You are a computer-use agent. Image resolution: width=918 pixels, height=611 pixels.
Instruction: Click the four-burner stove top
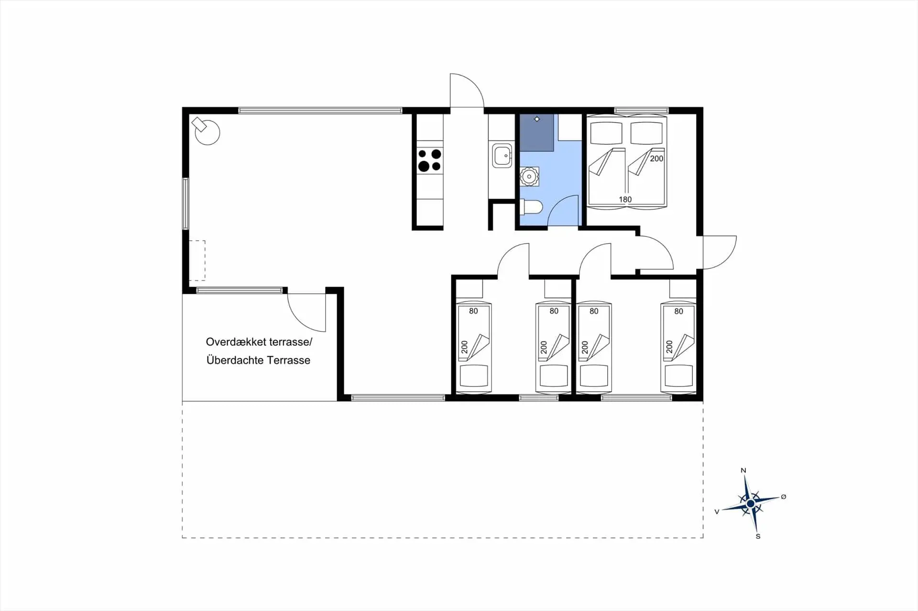point(429,160)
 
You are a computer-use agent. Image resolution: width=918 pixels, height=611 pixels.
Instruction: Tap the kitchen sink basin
point(502,156)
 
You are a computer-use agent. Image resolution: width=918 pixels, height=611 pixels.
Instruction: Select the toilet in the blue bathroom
point(532,207)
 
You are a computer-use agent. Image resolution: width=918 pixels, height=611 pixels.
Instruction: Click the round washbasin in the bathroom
point(529,177)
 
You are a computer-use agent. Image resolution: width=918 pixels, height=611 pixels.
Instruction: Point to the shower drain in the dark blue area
point(537,119)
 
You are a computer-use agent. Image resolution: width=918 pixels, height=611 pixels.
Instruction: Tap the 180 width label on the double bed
point(625,199)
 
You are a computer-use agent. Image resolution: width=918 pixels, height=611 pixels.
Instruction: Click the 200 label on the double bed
point(656,159)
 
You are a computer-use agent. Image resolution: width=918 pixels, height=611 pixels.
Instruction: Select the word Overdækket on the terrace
point(236,342)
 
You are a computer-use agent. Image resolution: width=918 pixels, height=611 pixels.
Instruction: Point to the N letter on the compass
point(743,471)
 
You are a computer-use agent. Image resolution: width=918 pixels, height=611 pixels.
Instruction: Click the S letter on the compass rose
point(758,536)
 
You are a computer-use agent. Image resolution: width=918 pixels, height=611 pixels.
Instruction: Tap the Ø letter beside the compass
point(783,497)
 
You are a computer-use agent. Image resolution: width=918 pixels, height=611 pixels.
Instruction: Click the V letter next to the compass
point(716,512)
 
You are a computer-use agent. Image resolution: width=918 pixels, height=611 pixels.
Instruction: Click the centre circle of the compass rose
point(750,504)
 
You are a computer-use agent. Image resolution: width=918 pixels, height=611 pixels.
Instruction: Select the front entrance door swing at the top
point(466,91)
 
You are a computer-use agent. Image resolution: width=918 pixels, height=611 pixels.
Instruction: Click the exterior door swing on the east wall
point(719,252)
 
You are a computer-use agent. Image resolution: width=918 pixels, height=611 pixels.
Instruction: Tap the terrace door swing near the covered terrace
point(306,313)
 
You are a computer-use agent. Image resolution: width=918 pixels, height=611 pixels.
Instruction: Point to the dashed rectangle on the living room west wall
point(197,260)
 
